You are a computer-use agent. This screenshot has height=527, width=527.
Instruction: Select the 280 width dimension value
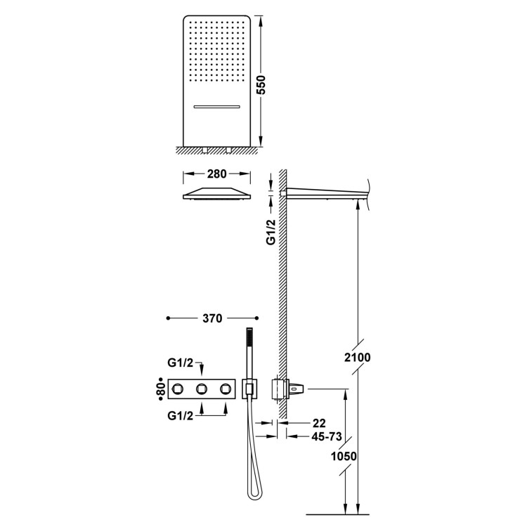click(217, 174)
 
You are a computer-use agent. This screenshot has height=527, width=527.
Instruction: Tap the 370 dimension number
click(212, 318)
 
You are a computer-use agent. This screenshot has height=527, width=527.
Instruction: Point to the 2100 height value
click(357, 357)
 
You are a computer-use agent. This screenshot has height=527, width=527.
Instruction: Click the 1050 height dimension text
click(344, 457)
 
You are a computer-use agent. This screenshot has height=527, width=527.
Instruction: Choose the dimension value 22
click(319, 423)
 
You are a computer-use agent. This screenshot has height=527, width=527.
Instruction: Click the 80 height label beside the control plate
click(161, 389)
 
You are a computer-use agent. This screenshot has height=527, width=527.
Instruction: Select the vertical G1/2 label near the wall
click(271, 232)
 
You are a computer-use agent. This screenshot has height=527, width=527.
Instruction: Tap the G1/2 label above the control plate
click(181, 363)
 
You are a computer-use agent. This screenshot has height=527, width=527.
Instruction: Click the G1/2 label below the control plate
click(181, 416)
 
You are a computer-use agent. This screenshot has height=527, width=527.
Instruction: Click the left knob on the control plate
click(177, 389)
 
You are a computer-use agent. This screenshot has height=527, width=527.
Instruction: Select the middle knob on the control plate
click(202, 389)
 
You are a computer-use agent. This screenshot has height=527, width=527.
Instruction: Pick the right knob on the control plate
click(226, 389)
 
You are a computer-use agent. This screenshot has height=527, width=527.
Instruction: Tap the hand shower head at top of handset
click(249, 337)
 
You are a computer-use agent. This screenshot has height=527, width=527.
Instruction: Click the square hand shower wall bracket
click(249, 389)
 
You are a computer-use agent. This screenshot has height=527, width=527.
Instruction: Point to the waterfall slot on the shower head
click(217, 107)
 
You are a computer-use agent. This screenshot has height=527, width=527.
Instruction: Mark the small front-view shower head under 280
click(217, 194)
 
